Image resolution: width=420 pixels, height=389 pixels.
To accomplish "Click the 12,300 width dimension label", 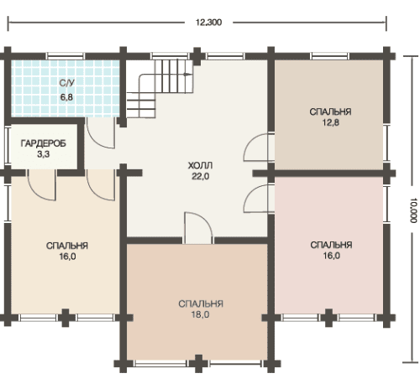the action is pyautogui.click(x=208, y=23).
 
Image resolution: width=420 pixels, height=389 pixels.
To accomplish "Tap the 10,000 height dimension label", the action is pyautogui.click(x=413, y=210).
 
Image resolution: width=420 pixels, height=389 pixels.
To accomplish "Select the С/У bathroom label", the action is pyautogui.click(x=67, y=83).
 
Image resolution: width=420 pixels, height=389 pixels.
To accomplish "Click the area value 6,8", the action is pyautogui.click(x=66, y=97).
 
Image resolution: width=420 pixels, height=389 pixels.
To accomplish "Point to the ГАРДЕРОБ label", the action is pyautogui.click(x=44, y=143).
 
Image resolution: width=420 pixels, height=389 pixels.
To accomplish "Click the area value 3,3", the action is pyautogui.click(x=44, y=154).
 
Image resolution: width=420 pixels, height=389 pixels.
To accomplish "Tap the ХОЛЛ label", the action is pyautogui.click(x=200, y=165).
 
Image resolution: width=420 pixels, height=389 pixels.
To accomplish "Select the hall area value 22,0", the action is pyautogui.click(x=201, y=176).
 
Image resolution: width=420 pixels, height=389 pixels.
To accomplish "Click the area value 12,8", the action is pyautogui.click(x=331, y=122).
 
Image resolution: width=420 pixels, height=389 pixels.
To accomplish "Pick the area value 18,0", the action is pyautogui.click(x=201, y=314).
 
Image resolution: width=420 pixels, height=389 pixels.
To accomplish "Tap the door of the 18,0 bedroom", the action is pyautogui.click(x=198, y=228).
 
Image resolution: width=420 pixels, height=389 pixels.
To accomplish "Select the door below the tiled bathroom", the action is pyautogui.click(x=100, y=133).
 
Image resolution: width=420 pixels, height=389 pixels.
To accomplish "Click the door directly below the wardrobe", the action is pyautogui.click(x=42, y=185).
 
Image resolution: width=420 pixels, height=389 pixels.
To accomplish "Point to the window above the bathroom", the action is pyautogui.click(x=66, y=56).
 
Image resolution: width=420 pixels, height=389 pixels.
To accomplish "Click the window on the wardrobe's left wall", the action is pyautogui.click(x=8, y=145).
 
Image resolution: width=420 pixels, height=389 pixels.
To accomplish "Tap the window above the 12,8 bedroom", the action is pyautogui.click(x=330, y=56).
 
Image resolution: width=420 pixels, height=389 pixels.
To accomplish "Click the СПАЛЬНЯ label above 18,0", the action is pyautogui.click(x=201, y=303).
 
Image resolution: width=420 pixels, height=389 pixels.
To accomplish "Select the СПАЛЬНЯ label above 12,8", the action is pyautogui.click(x=330, y=112).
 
